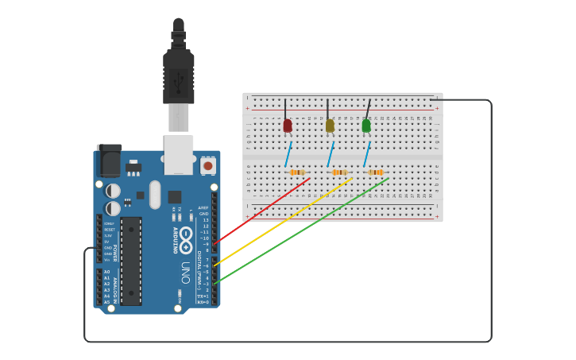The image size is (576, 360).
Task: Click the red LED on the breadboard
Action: click(288, 125)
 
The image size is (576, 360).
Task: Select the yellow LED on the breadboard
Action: click(330, 125)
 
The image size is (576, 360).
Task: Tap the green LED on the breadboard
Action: click(366, 125)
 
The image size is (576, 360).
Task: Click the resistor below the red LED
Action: click(297, 172)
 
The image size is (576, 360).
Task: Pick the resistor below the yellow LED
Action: click(339, 172)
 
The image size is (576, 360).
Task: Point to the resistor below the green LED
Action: click(376, 172)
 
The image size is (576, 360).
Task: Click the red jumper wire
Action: click(262, 210)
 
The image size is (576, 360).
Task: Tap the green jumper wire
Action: click(302, 230)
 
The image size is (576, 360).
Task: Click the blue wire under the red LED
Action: click(289, 153)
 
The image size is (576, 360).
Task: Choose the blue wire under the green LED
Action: click(367, 153)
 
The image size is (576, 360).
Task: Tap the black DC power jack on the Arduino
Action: click(109, 161)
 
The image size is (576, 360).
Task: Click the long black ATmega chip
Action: click(131, 261)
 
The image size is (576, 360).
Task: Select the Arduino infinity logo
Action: click(186, 238)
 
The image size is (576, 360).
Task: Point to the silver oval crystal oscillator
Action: click(155, 194)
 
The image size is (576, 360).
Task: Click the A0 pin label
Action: click(106, 272)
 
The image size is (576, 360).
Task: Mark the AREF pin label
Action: click(203, 207)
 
